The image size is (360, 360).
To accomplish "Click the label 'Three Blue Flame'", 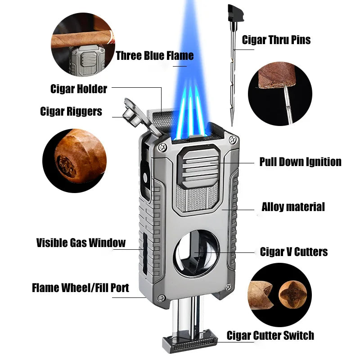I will (x=155, y=56).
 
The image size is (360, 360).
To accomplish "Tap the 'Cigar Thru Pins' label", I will (x=276, y=40).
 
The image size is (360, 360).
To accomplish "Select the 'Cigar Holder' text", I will (x=79, y=89).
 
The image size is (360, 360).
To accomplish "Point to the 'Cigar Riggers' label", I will (x=71, y=111).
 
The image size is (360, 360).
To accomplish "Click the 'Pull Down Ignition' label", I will (x=300, y=162).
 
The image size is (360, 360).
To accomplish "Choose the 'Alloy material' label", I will (x=293, y=207).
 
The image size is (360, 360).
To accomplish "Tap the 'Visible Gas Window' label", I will (x=81, y=243).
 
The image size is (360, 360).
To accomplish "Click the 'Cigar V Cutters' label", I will (x=294, y=252).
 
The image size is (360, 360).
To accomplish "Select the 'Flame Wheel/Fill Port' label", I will (x=81, y=288).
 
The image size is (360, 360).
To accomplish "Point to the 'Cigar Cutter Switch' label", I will (x=270, y=335).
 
